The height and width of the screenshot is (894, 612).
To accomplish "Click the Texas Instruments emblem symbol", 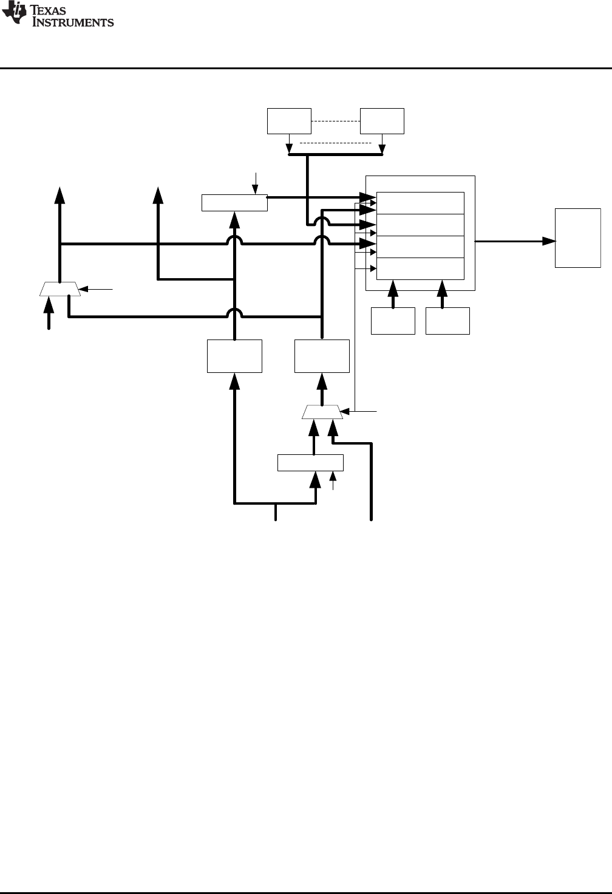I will coord(13,14).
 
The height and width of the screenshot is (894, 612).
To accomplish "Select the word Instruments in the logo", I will coord(73,22).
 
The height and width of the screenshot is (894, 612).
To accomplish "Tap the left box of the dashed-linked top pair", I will coord(289,121).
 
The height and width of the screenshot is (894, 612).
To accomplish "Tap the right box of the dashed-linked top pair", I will coord(382,121).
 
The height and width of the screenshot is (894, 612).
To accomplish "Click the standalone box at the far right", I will coord(578,237).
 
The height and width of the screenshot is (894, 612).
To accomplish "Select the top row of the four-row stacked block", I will coord(420,203).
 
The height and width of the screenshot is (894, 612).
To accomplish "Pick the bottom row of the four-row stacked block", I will coord(420,268).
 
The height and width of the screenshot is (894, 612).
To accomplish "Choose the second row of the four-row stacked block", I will coord(420,225).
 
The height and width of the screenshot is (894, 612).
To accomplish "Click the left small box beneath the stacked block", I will coord(393,321).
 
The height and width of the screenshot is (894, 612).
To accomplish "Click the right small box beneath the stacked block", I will coord(447,321).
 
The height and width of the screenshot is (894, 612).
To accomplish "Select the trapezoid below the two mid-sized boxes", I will coord(322,412).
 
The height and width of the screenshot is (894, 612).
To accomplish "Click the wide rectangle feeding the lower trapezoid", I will coord(310,462).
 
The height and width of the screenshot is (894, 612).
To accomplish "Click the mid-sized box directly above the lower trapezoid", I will coord(322,356).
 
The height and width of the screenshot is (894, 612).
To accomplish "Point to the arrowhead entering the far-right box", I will coord(549,241).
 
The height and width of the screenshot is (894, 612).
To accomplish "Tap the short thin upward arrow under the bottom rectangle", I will coord(332,480).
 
